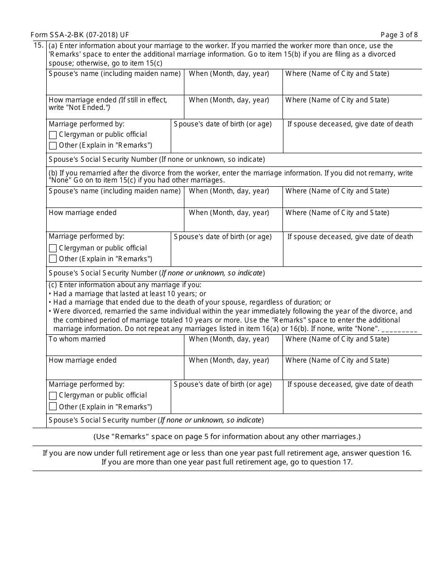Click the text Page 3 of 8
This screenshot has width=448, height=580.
click(x=399, y=35)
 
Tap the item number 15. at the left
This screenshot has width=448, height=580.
click(x=39, y=46)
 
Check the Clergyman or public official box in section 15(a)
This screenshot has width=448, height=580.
click(x=53, y=135)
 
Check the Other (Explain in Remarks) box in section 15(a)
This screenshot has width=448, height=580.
click(x=53, y=146)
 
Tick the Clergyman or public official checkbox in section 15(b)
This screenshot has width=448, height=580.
click(x=53, y=248)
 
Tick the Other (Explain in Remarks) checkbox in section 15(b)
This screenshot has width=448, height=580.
click(x=53, y=259)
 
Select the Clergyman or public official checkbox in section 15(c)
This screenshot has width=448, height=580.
click(x=53, y=396)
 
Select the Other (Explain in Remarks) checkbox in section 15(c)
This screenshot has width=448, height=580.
click(x=53, y=406)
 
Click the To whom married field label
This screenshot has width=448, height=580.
click(x=77, y=339)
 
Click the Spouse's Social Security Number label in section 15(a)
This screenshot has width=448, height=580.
click(x=157, y=159)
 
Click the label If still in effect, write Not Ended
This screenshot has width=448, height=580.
click(x=108, y=104)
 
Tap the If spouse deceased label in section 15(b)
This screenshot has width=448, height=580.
click(x=350, y=237)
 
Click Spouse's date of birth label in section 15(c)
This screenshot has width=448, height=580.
click(x=223, y=384)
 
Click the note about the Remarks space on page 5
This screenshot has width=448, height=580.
click(x=227, y=437)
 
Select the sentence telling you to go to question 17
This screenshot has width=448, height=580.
click(x=227, y=462)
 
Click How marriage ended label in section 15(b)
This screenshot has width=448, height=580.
click(x=83, y=213)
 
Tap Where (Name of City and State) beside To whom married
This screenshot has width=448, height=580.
click(x=337, y=339)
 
